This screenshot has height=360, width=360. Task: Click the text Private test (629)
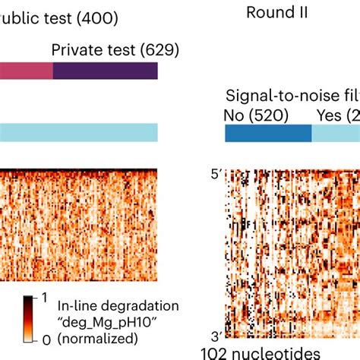115,50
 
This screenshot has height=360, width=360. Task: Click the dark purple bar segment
105,71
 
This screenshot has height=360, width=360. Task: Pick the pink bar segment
26,71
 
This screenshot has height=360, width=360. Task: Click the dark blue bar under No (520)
267,132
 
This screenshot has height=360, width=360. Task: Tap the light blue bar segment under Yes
336,132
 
